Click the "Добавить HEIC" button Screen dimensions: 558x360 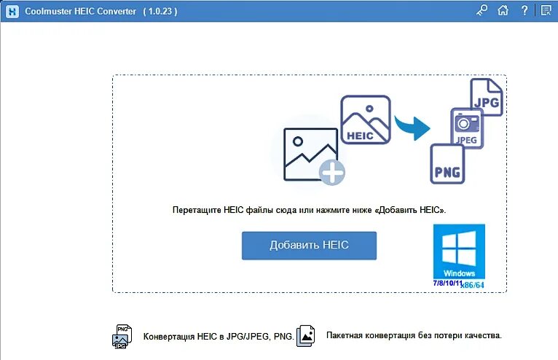click(x=309, y=246)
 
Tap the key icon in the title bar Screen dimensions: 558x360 click(x=482, y=10)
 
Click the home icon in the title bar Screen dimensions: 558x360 click(x=503, y=10)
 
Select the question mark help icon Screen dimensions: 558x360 click(x=524, y=10)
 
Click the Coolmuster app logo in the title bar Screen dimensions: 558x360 click(x=11, y=11)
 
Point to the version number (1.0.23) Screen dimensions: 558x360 click(x=160, y=12)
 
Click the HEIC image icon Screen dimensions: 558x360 click(x=366, y=120)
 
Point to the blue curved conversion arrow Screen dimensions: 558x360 click(x=412, y=125)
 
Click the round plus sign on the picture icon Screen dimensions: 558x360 click(x=332, y=173)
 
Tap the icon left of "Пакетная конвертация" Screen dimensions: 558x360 click(x=306, y=335)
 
